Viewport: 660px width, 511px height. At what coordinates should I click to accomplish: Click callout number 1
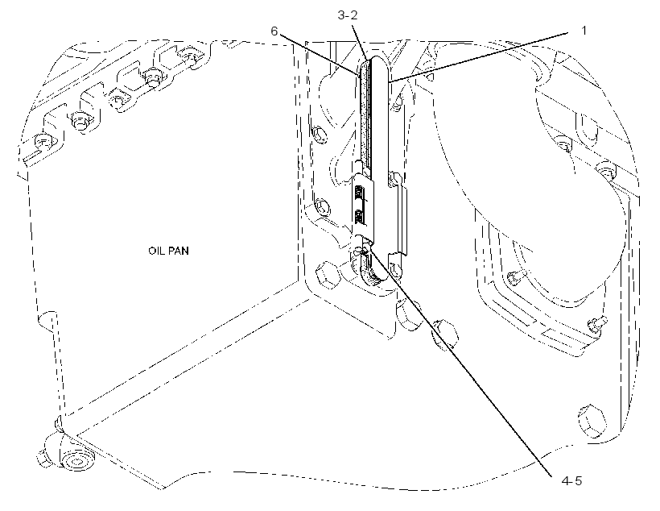coord(584,31)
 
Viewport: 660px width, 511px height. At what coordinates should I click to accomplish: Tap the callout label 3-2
coord(347,15)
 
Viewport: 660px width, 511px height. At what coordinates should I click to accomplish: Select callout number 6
coord(274,31)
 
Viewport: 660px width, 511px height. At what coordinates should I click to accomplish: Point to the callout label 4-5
coord(571,480)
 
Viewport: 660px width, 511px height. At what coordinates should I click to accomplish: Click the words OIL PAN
coord(168,251)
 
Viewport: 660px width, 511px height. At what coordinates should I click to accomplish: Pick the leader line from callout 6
coord(320,55)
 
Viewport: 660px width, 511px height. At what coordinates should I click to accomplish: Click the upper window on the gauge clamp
coord(359,193)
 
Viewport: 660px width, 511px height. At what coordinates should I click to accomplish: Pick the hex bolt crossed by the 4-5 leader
coord(443,335)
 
